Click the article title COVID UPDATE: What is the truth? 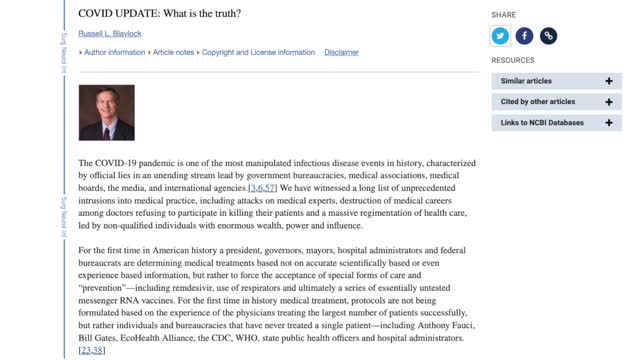pos(160,14)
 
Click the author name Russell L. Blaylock pos(114,33)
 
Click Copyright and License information pos(259,52)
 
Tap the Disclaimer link pos(341,52)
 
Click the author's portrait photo pos(106,112)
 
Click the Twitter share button pos(501,36)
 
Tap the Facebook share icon pos(524,36)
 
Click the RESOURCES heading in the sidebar pos(513,60)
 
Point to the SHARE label pos(503,15)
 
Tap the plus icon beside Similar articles pos(608,81)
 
